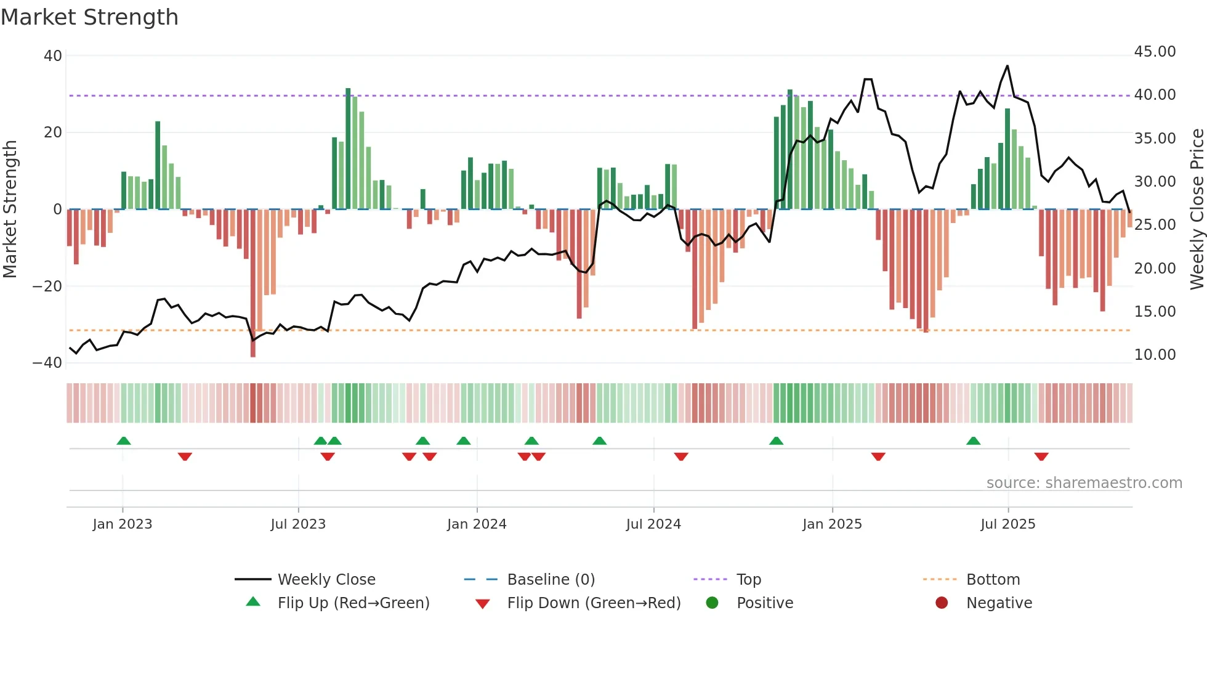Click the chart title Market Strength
tap(90, 17)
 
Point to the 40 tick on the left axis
tap(53, 56)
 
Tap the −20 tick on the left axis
tap(47, 287)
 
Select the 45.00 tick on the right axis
tap(1155, 52)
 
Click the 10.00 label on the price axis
tap(1155, 355)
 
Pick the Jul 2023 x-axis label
tap(298, 524)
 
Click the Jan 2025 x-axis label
tap(832, 524)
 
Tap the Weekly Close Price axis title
tap(1197, 209)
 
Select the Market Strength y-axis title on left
tap(10, 209)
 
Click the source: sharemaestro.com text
tap(1084, 483)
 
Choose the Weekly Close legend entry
tap(326, 580)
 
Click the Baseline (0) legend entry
tap(551, 580)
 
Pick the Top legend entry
tap(748, 580)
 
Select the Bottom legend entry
tap(993, 580)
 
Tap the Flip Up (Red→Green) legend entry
tap(353, 603)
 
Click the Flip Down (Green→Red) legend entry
tap(594, 603)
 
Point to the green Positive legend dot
tap(712, 603)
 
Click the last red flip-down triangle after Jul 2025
tap(1041, 457)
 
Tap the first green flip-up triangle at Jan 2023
tap(124, 441)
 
